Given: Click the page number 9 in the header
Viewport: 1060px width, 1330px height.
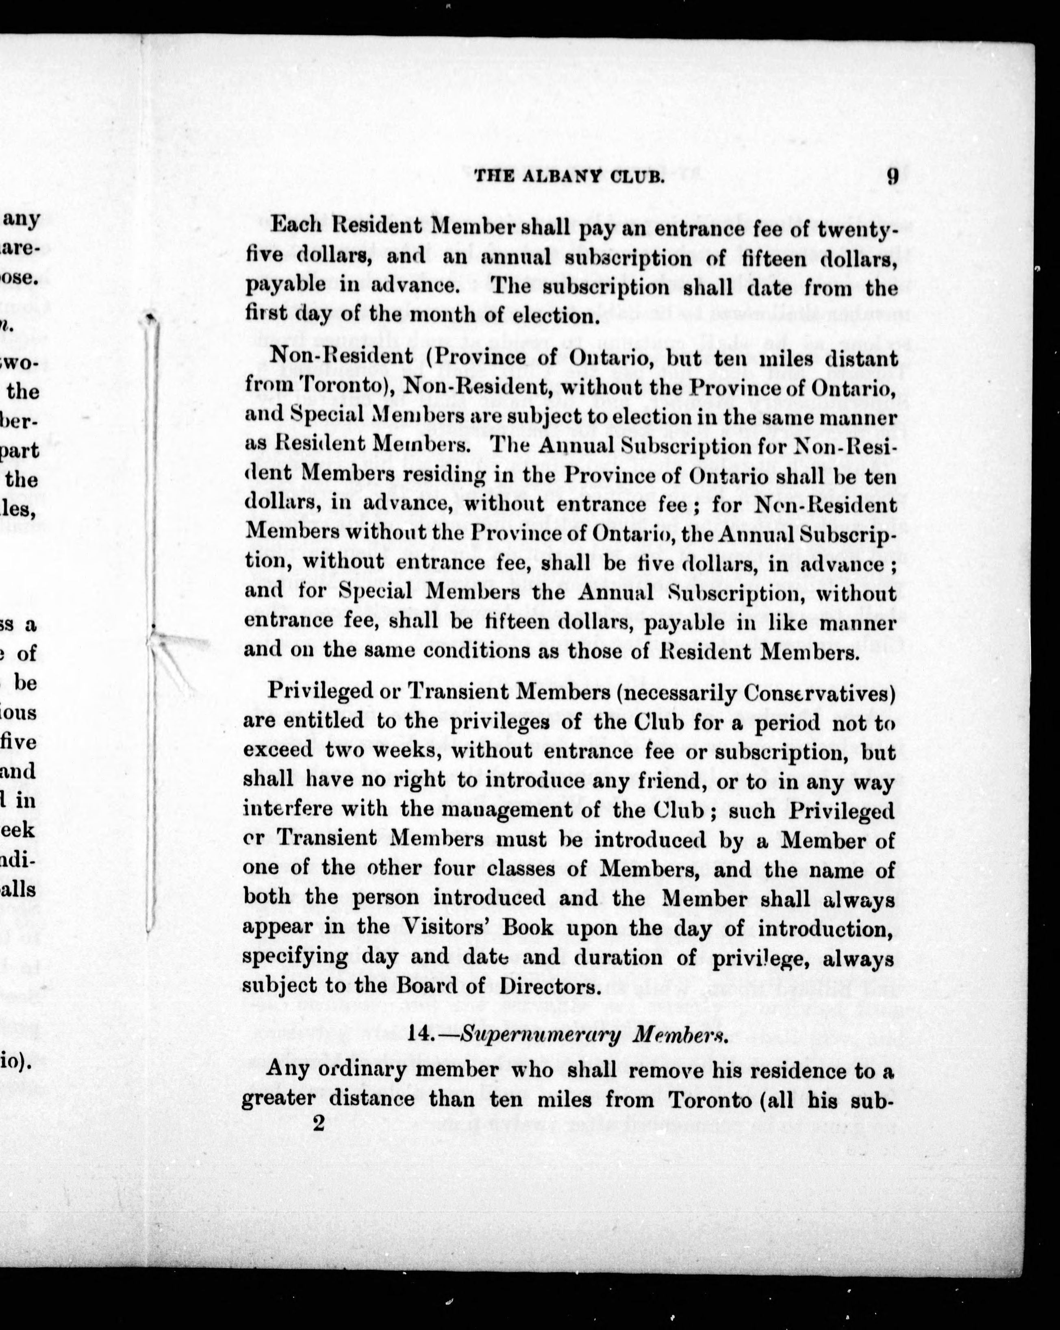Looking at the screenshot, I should coord(892,177).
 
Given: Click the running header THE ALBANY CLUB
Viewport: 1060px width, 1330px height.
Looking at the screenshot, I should coord(569,178).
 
